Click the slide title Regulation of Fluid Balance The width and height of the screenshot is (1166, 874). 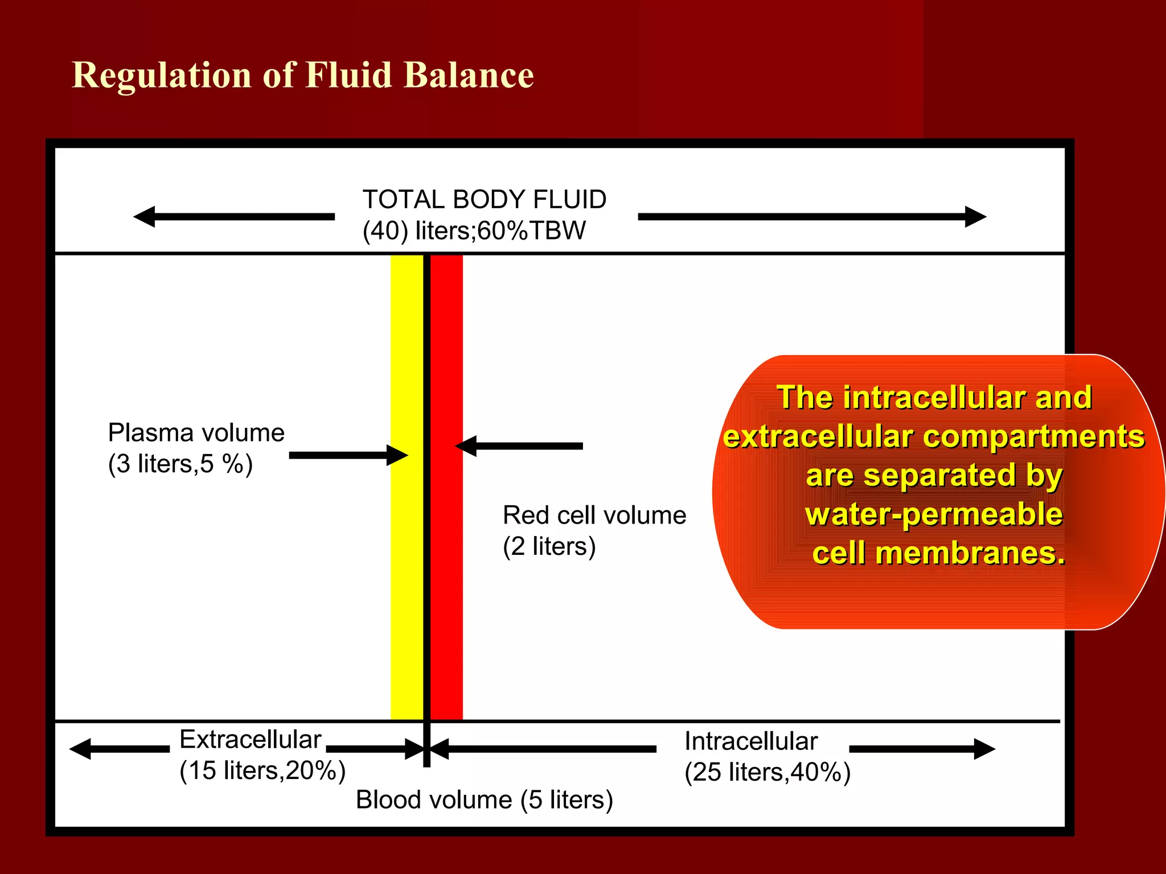[303, 75]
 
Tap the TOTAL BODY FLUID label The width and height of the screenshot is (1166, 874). [485, 200]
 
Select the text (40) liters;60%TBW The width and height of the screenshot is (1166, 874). [474, 231]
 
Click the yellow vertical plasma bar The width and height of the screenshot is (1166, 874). [407, 569]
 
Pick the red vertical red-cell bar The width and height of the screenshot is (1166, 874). [447, 569]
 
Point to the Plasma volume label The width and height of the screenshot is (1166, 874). [196, 433]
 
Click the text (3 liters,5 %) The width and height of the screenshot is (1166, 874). [180, 464]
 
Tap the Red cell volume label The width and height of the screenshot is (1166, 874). [594, 516]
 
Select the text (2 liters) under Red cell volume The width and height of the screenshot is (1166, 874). [549, 546]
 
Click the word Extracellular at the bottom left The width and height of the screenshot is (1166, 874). [251, 740]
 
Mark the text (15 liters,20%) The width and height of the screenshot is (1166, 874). [262, 770]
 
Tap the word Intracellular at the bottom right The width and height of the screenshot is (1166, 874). [751, 741]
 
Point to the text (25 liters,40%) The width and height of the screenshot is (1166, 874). [767, 772]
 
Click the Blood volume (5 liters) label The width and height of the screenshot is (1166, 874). [485, 800]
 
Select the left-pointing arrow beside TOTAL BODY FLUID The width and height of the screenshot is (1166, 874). [234, 217]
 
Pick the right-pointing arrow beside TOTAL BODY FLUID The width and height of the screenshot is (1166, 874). [812, 217]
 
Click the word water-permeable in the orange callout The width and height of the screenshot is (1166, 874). [934, 514]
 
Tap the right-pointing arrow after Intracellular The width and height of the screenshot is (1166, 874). [922, 749]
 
